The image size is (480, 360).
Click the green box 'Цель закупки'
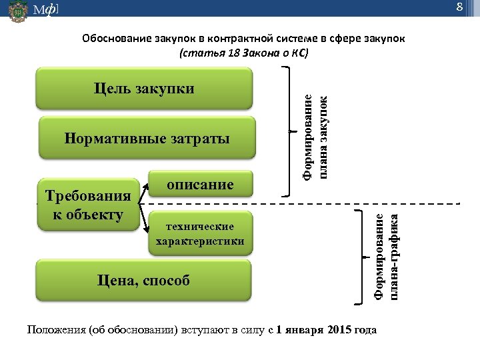[x=144, y=88]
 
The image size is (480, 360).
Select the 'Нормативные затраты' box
[x=147, y=139]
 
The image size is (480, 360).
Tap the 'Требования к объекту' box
[x=88, y=205]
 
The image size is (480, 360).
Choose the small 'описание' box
[x=200, y=185]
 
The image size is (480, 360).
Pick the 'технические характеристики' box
[x=200, y=234]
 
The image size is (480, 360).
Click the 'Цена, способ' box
[x=144, y=281]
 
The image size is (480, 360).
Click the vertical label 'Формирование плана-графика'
[x=386, y=256]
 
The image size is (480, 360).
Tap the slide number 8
[x=459, y=7]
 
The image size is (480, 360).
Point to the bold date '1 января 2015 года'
[x=326, y=329]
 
